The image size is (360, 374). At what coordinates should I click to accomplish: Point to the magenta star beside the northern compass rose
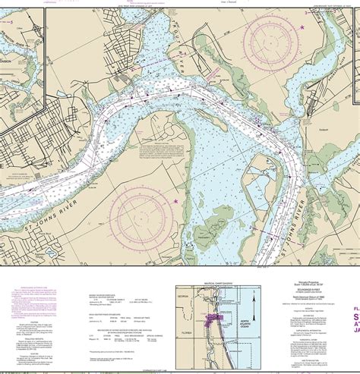click(x=302, y=28)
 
